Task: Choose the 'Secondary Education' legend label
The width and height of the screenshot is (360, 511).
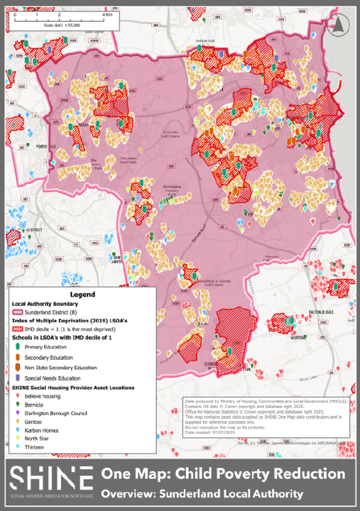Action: [53, 358]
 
